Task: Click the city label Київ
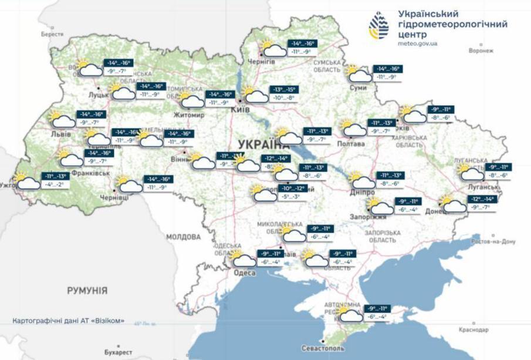(241, 110)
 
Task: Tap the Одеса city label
(244, 274)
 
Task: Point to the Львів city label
(61, 134)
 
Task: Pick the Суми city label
(357, 88)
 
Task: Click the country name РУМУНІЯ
(87, 291)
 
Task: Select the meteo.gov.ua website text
(417, 43)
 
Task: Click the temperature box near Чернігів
(302, 48)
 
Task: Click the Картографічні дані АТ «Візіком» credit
(69, 321)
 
